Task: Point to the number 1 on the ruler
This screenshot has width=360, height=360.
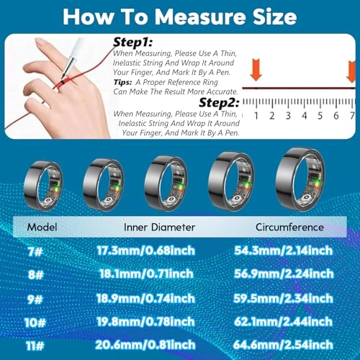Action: pyautogui.click(x=255, y=115)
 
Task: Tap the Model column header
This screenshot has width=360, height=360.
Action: pyautogui.click(x=42, y=228)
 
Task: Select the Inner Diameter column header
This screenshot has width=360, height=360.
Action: pyautogui.click(x=160, y=228)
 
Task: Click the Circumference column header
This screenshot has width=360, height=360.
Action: pyautogui.click(x=290, y=228)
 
